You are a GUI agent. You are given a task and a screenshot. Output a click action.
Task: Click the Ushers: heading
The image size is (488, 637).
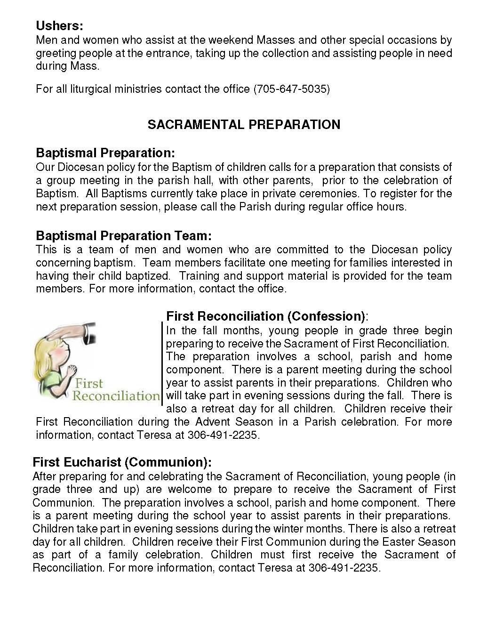point(59,25)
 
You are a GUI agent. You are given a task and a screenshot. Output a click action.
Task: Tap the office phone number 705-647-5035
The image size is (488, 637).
point(291,89)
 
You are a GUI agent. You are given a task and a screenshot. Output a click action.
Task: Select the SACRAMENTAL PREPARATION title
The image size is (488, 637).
point(244,125)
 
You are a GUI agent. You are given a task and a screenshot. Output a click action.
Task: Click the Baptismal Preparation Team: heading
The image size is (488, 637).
point(124,235)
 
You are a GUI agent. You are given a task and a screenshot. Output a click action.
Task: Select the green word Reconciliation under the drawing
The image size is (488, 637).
point(116,395)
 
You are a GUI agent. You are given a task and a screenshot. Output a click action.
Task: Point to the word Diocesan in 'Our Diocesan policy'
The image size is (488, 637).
point(80,167)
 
